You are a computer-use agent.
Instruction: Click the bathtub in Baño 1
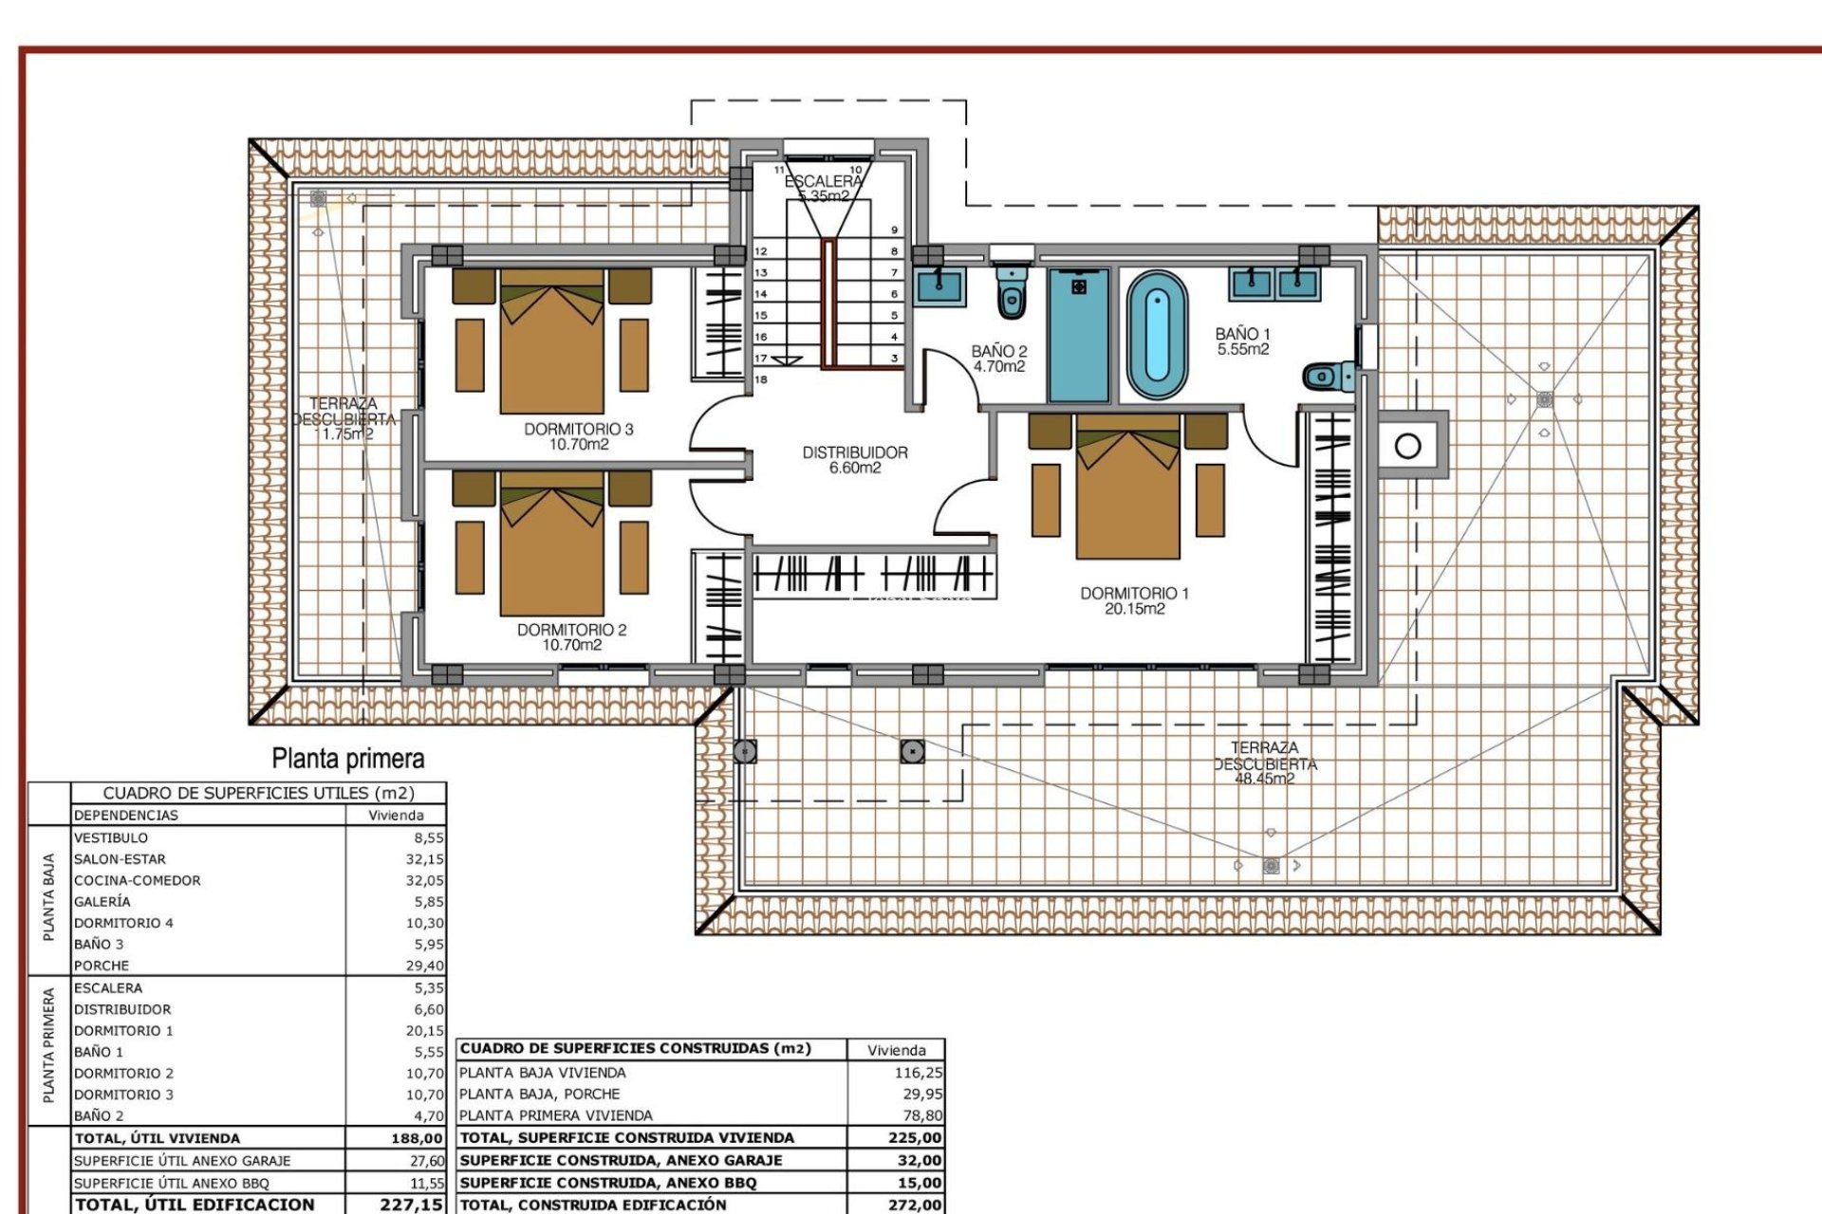coord(1157,335)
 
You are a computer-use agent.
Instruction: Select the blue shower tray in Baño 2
coord(1079,334)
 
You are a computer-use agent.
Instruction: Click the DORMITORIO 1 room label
coord(1134,594)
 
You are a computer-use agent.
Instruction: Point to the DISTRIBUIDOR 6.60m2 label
coord(855,460)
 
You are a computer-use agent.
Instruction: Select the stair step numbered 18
coord(761,379)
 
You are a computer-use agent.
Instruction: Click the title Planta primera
coord(348,759)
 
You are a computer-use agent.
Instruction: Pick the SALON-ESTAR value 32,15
coord(424,859)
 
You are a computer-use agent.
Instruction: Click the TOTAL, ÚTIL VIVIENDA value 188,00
coord(417,1138)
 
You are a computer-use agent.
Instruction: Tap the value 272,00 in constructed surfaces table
coord(915,1205)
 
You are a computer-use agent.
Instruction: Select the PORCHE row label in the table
coord(102,966)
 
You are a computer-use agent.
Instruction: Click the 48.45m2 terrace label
coord(1264,780)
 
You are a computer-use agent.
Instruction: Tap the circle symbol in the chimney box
coord(1408,445)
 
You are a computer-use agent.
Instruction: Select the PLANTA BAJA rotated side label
coord(49,897)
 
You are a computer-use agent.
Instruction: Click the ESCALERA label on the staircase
coord(824,181)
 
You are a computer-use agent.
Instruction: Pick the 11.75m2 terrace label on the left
coord(344,434)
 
